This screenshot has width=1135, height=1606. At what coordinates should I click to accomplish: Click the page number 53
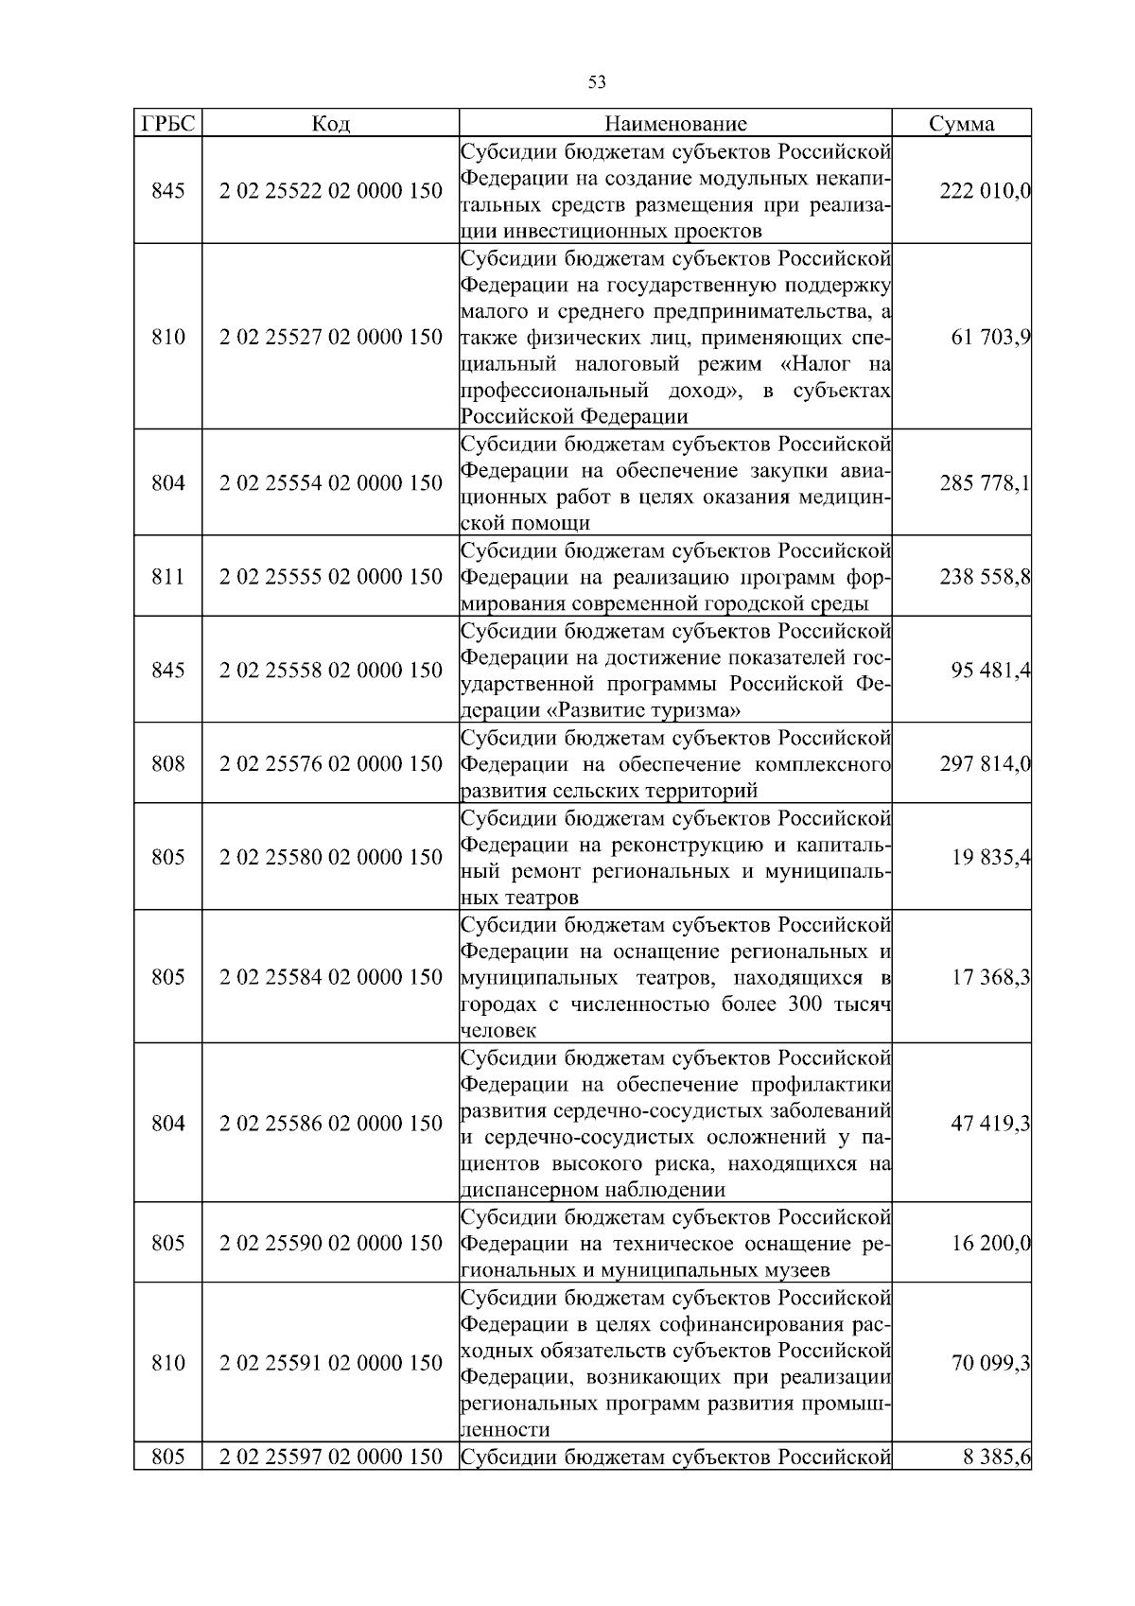coord(597,82)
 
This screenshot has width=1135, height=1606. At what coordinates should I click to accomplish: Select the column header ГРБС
coord(167,124)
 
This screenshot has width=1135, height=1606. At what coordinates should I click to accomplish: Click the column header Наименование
coord(675,124)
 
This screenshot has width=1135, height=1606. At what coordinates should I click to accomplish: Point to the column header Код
coord(330,124)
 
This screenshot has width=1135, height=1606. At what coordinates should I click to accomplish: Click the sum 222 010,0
coord(985,191)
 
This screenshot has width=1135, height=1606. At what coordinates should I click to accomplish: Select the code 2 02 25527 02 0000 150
coord(330,338)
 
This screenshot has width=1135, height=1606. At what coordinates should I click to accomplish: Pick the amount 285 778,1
coord(985,483)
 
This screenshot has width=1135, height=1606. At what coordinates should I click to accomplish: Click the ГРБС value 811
coord(167,577)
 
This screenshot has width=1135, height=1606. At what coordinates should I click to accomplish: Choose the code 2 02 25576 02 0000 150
coord(330,763)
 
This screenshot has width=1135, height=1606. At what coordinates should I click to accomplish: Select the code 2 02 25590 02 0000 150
coord(330,1243)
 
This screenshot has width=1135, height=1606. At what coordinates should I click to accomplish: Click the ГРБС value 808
coord(167,763)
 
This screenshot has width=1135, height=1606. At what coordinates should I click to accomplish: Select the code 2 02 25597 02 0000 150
coord(330,1457)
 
